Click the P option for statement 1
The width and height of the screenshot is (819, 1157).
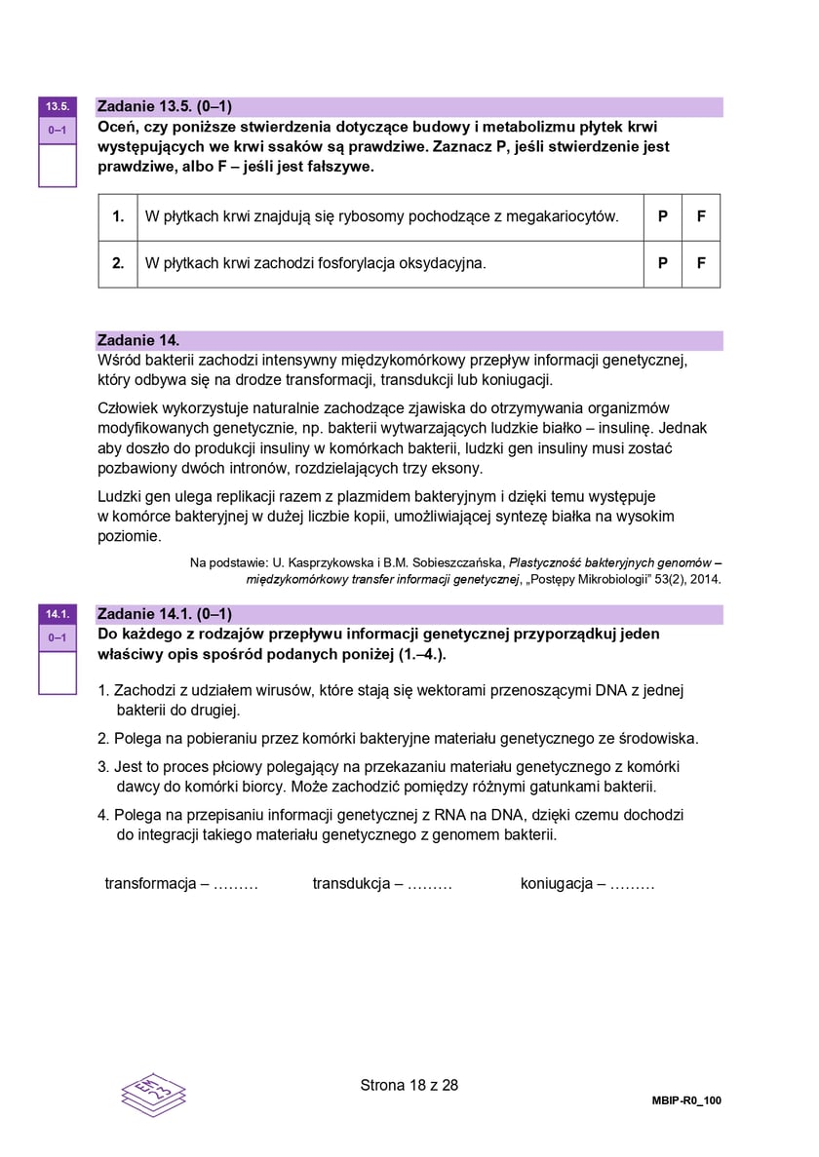click(x=663, y=216)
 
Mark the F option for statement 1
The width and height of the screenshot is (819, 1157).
click(x=701, y=216)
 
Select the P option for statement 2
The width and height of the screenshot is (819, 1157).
click(x=663, y=263)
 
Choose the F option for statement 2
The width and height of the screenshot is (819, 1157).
click(x=701, y=263)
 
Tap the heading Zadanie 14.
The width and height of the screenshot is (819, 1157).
click(x=138, y=340)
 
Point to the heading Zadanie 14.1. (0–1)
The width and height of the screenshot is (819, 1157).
click(x=165, y=614)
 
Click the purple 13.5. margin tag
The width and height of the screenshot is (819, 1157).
click(x=57, y=106)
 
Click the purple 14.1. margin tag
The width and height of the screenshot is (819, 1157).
click(x=57, y=614)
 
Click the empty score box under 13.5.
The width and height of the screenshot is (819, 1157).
click(x=57, y=165)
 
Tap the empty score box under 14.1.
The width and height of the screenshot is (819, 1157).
click(x=57, y=673)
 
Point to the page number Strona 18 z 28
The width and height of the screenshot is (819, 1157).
click(x=409, y=1085)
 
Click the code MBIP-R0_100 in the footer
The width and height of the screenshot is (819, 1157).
click(x=686, y=1100)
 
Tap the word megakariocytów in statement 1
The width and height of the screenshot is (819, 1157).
click(x=564, y=216)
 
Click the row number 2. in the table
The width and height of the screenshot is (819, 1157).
click(x=118, y=263)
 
